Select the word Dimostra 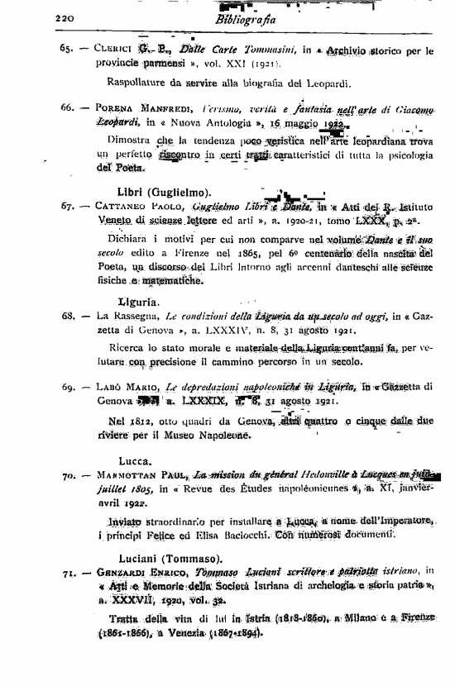point(132,141)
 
